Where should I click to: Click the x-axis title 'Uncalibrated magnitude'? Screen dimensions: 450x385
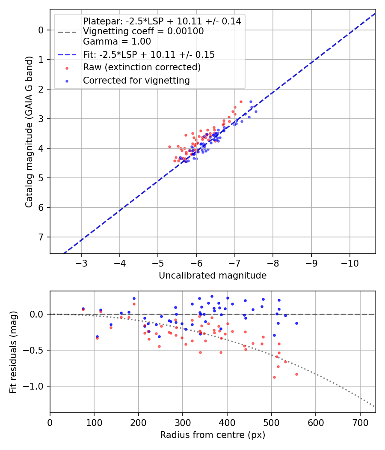point(213,276)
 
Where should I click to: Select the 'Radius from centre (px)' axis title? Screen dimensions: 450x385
point(213,435)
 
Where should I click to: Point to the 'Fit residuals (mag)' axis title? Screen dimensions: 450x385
point(13,352)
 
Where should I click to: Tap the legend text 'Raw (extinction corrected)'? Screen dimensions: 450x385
point(142,67)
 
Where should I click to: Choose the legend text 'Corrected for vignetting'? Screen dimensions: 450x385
point(136,80)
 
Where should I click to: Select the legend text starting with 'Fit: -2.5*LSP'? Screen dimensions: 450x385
point(149,54)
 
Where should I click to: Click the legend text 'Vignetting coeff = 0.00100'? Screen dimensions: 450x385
point(143,31)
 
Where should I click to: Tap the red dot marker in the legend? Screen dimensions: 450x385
point(67,68)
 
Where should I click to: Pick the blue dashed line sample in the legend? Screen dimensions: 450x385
point(67,55)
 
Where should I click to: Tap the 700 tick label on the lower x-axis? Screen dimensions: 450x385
point(360,423)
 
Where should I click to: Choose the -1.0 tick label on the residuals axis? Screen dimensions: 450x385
point(36,386)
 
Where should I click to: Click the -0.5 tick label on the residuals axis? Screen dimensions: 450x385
point(36,350)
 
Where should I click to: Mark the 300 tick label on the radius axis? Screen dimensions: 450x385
point(183,423)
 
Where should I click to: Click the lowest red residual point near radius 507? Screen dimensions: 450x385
point(274,377)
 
